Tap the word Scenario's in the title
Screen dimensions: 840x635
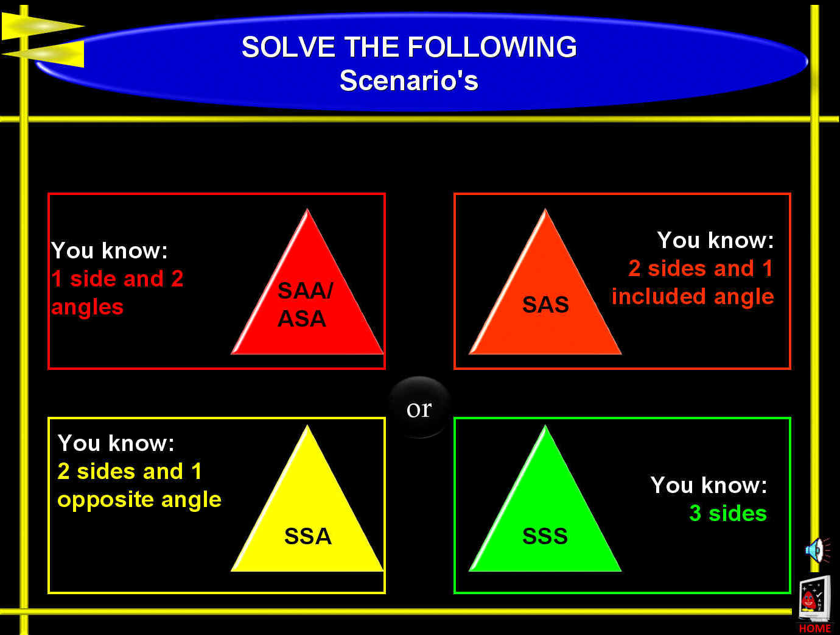(408, 80)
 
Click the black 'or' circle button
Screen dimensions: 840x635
(419, 408)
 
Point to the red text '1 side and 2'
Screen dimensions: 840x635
(117, 278)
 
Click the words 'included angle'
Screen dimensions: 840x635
(693, 296)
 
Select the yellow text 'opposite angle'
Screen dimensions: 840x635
(139, 500)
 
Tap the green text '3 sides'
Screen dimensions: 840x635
(728, 513)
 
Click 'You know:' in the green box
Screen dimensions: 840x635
(709, 485)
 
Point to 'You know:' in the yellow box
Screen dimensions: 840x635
(116, 443)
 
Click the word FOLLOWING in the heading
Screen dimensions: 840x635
(492, 47)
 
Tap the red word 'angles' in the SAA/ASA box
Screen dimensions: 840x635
(87, 307)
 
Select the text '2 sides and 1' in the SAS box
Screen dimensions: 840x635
(701, 268)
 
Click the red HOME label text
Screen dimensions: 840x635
(815, 629)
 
